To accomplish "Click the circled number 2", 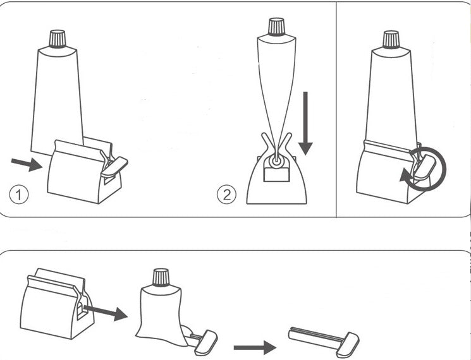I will pos(226,195).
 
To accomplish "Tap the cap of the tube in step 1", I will pos(58,39).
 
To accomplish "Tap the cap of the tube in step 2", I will pos(276,27).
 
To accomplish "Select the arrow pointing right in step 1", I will pos(26,164).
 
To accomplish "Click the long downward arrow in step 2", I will pos(305,123).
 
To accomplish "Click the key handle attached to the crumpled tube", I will pos(205,342).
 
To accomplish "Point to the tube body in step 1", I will pos(57,95).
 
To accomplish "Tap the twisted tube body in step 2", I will pos(276,82).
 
